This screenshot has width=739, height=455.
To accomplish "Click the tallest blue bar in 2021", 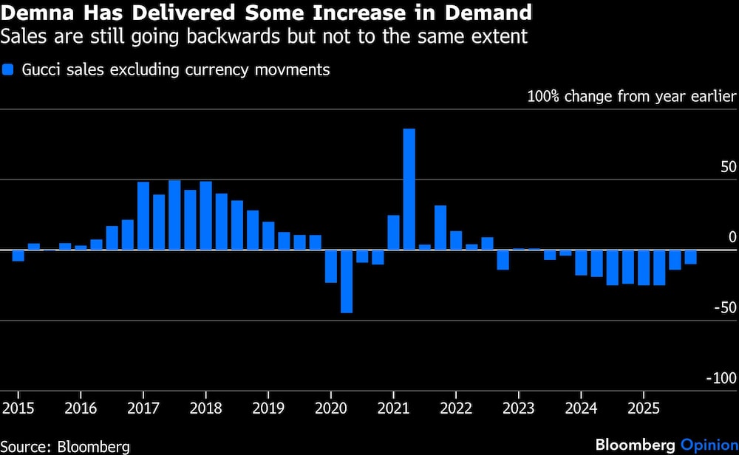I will (409, 189).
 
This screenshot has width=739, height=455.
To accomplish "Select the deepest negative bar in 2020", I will (346, 281).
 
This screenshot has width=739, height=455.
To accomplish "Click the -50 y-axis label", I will (725, 307).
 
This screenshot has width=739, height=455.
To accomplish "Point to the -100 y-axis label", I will (721, 378).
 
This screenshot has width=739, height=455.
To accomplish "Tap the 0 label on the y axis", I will (732, 237).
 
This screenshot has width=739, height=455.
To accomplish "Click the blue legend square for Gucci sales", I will (9, 71).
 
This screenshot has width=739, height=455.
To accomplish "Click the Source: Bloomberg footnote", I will (66, 446).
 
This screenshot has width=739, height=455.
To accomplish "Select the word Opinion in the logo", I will (709, 445).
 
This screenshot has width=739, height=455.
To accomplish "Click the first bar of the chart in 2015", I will (18, 256).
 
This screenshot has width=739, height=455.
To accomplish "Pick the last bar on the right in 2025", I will (690, 257).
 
